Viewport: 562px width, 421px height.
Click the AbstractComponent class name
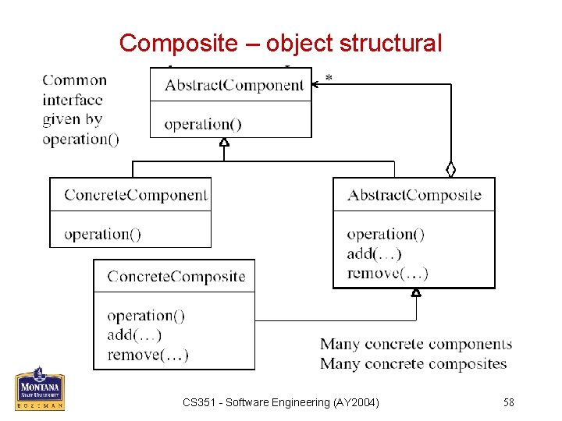[x=234, y=86]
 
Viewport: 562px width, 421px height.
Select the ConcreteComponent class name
[x=136, y=195]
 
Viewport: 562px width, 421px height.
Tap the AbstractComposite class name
[x=414, y=195]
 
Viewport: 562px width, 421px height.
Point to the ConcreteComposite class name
[x=176, y=277]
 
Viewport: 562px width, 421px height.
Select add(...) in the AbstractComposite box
[x=374, y=253]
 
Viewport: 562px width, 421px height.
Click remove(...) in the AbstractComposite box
[x=387, y=273]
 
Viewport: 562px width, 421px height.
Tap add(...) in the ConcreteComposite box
[x=134, y=335]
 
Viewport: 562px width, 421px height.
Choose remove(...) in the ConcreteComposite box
[x=148, y=356]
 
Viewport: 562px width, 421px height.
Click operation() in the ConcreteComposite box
[x=146, y=316]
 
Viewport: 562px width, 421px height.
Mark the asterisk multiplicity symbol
[x=329, y=79]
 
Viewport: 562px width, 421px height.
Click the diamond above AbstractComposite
[x=450, y=169]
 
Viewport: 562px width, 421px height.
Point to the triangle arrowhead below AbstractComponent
[x=224, y=142]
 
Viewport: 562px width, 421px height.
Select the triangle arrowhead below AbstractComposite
[x=416, y=292]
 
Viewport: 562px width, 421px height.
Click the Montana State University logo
[x=40, y=389]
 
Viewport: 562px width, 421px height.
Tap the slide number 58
[x=508, y=402]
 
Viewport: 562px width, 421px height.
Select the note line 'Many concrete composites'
[x=413, y=364]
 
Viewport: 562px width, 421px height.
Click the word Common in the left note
[x=74, y=80]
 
